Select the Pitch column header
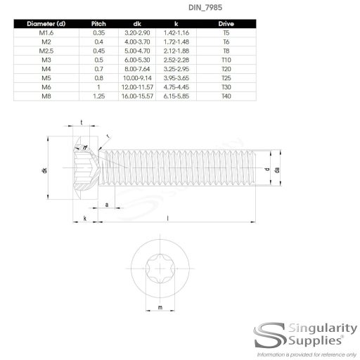pos(98,23)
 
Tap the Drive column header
pos(225,23)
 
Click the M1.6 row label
pos(46,32)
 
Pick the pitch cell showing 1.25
pos(98,95)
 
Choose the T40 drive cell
pos(225,95)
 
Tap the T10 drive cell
pos(225,59)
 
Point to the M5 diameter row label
pos(46,77)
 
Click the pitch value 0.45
pos(98,50)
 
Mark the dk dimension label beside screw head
pos(44,171)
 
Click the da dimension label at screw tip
pos(278,170)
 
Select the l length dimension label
pos(167,219)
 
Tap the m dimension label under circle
pos(160,308)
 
